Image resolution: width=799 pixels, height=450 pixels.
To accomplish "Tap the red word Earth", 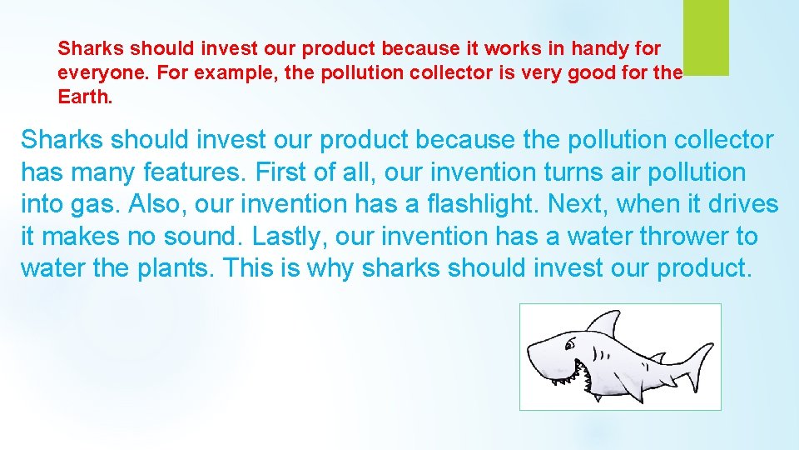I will (82, 96).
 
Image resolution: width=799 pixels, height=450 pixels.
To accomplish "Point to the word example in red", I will (241, 72).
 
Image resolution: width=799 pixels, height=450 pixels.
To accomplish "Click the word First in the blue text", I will (283, 172).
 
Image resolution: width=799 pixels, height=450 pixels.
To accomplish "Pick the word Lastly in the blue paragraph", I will (290, 237).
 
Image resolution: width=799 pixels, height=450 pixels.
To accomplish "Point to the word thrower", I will (679, 237).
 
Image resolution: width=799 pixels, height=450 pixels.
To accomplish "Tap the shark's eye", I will (571, 344).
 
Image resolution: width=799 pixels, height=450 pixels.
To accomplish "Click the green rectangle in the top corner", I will (706, 37).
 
